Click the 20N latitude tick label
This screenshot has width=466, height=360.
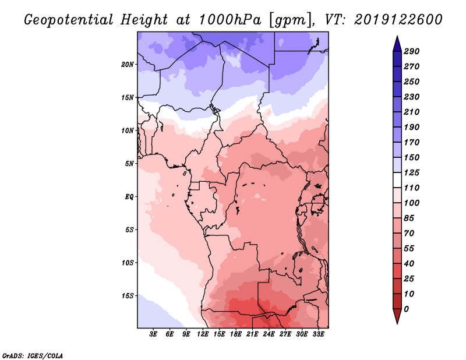(128, 65)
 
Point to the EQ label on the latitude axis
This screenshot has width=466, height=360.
(129, 197)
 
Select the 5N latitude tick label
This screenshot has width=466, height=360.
(129, 164)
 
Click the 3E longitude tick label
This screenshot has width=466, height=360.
(153, 334)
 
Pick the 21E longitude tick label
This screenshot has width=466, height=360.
(252, 334)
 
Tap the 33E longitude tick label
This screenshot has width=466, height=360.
(318, 334)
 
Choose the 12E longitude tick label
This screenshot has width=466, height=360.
(203, 334)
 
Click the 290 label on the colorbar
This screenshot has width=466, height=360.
(412, 51)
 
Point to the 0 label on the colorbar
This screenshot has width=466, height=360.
(406, 309)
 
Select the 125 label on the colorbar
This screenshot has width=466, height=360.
(412, 172)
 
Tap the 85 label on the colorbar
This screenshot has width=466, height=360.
(409, 218)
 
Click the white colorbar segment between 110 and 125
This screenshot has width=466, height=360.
(397, 180)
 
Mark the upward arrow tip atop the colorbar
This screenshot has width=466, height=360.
(397, 36)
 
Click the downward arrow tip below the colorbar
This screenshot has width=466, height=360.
(397, 323)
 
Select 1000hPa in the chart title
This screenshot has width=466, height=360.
(230, 20)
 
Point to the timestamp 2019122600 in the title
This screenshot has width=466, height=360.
(398, 20)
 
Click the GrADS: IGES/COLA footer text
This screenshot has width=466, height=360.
(33, 356)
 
